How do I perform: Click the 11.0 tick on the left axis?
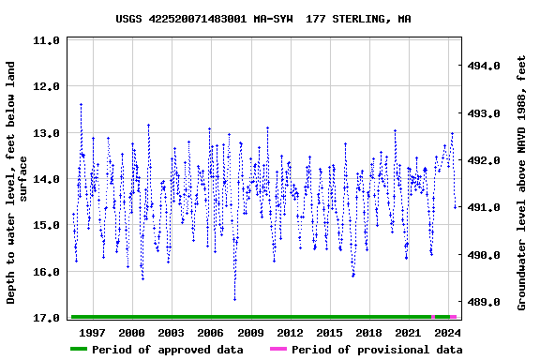46,41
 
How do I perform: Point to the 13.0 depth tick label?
46,134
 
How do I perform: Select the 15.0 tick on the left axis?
46,226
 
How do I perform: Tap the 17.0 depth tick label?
46,319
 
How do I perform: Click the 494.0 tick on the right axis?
484,67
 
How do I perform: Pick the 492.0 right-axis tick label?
484,161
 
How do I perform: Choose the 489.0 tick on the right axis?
484,303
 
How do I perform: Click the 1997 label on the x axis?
92,333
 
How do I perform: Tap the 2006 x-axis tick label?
211,333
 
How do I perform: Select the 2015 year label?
329,333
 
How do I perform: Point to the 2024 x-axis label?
448,333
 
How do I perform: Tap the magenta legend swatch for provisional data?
278,350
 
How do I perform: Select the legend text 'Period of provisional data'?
376,350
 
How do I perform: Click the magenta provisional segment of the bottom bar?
452,317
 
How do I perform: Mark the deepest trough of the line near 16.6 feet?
234,300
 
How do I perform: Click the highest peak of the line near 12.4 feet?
81,104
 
